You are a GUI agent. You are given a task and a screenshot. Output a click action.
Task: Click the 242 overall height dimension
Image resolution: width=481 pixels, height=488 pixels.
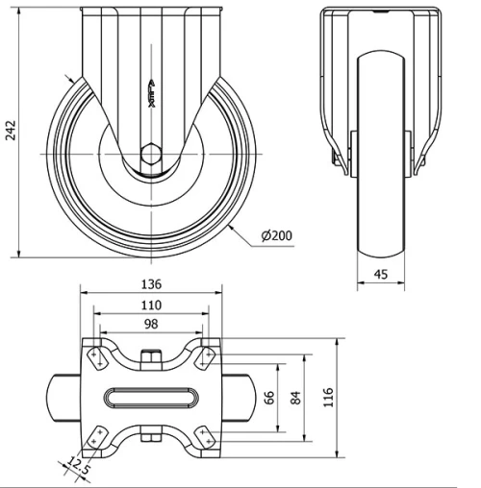point(11,132)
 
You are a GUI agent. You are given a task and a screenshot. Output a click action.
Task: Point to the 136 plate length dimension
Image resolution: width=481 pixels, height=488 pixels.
point(150,284)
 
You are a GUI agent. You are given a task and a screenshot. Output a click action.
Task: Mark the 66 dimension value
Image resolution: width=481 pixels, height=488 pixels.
point(270,396)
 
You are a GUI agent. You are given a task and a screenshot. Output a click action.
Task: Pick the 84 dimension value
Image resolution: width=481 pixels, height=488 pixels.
point(294,396)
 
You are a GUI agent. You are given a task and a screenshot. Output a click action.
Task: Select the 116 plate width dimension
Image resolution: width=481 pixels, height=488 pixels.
point(328,396)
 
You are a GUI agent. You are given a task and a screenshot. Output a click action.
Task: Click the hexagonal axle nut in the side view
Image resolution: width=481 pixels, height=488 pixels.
point(151,154)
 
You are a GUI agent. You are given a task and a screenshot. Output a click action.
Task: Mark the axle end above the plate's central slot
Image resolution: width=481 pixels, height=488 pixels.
point(151,358)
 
